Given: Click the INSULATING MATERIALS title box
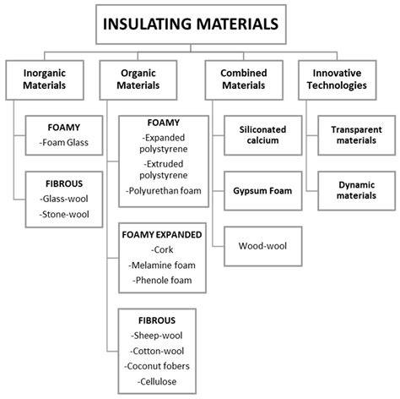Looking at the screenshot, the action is click(191, 25).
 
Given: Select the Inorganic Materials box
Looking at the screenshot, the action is click(45, 80).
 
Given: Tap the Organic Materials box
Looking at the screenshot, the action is click(138, 80).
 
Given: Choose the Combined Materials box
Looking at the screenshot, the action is click(244, 80).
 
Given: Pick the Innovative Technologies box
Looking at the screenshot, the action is click(338, 80).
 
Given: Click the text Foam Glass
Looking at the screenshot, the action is click(65, 143).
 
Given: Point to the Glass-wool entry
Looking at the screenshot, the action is click(64, 199).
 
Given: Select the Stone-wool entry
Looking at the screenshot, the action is click(64, 215).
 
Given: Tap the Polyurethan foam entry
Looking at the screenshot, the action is click(164, 191).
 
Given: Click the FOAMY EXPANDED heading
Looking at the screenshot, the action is click(162, 235).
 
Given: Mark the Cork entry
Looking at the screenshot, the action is click(162, 249).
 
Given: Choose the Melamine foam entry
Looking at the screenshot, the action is click(162, 265).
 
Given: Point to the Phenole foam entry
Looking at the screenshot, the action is click(162, 281).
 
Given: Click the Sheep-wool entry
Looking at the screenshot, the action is click(157, 336).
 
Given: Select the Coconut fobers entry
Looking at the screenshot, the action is click(157, 366).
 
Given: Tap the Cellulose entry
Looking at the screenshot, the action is click(157, 381).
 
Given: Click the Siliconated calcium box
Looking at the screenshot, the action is click(263, 135).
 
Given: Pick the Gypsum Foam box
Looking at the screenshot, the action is click(263, 191).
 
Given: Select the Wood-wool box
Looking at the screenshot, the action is click(263, 246).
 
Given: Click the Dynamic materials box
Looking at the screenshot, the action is click(357, 191).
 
